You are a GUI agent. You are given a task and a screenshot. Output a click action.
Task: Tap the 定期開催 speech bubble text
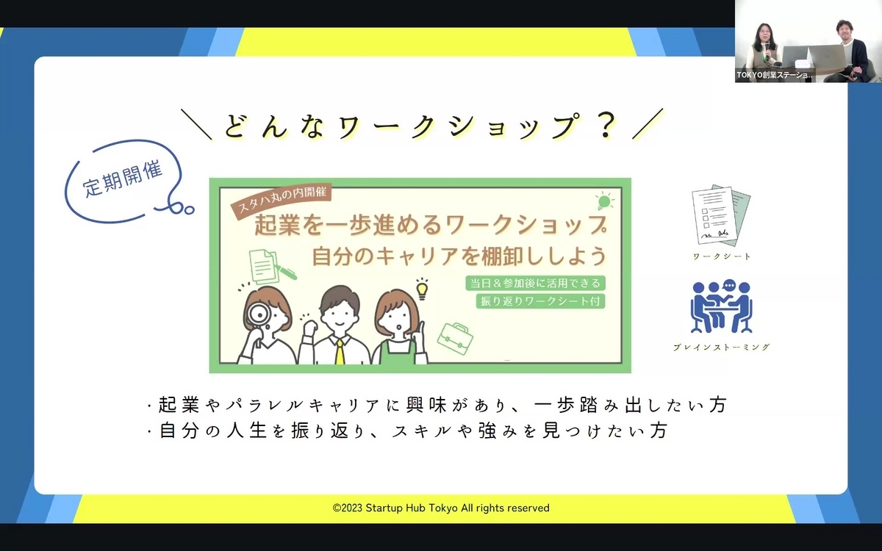(123, 179)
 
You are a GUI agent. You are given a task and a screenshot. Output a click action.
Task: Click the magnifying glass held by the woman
(259, 314)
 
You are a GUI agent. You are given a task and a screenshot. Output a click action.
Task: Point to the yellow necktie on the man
(340, 351)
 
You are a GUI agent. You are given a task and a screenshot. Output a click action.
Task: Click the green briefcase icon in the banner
(455, 339)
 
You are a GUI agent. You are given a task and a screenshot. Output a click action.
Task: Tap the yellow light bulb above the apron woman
(422, 289)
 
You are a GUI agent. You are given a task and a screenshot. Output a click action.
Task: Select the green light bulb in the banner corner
(604, 201)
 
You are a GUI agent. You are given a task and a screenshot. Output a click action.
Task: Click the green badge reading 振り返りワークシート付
(540, 301)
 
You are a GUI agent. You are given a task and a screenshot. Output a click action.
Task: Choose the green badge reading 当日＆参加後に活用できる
(535, 283)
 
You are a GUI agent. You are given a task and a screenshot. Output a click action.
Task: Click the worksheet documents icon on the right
(721, 215)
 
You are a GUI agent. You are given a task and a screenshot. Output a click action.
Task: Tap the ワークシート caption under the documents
(722, 256)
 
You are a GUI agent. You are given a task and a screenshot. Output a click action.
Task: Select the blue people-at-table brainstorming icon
(721, 307)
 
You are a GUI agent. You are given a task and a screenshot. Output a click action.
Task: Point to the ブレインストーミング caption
(721, 347)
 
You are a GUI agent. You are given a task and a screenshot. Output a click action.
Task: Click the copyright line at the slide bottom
(441, 508)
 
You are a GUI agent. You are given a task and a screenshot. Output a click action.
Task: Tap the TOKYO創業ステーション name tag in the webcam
(774, 75)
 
